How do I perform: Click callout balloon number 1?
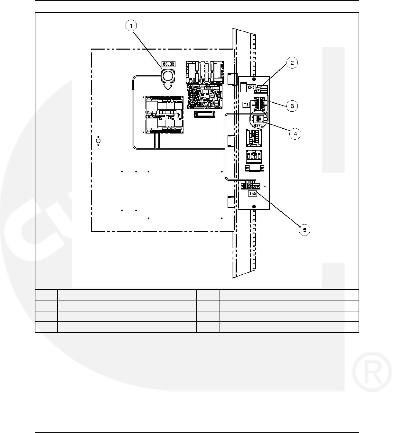point(131,25)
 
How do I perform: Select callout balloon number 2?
point(292,63)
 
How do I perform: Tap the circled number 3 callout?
point(292,106)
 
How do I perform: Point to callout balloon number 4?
point(295,134)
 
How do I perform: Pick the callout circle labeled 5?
point(304,230)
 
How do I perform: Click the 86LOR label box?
point(168,64)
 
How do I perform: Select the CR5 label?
point(252,87)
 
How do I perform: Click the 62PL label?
point(257,125)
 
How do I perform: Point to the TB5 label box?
point(252,194)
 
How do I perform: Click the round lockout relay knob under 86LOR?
point(167,77)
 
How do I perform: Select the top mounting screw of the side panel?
point(254,79)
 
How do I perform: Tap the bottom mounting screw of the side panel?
point(254,206)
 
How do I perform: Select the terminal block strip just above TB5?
point(250,186)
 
